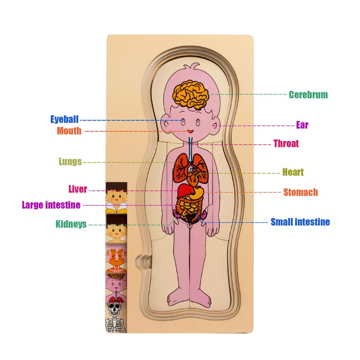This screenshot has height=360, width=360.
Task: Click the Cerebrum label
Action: pos(308,94)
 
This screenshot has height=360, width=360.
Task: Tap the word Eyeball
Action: pos(64,120)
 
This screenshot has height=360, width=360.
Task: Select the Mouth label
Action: pos(69,131)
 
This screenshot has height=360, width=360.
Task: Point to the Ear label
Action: pos(302,125)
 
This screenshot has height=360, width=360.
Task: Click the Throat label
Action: pos(286,144)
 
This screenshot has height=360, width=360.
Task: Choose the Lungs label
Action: pos(70,162)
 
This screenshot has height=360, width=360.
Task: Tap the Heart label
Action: pos(293,172)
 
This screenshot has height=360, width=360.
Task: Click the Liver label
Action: pos(78,189)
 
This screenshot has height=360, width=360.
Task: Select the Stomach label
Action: pos(301,193)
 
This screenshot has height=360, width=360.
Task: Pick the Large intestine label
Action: pos(51,205)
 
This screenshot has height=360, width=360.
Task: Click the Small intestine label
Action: pos(300,222)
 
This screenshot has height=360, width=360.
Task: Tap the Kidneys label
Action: pos(71,224)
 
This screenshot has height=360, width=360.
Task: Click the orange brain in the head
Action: pos(192,92)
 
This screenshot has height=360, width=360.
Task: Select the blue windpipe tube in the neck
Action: pos(191,146)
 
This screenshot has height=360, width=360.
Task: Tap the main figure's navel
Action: pos(191,216)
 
